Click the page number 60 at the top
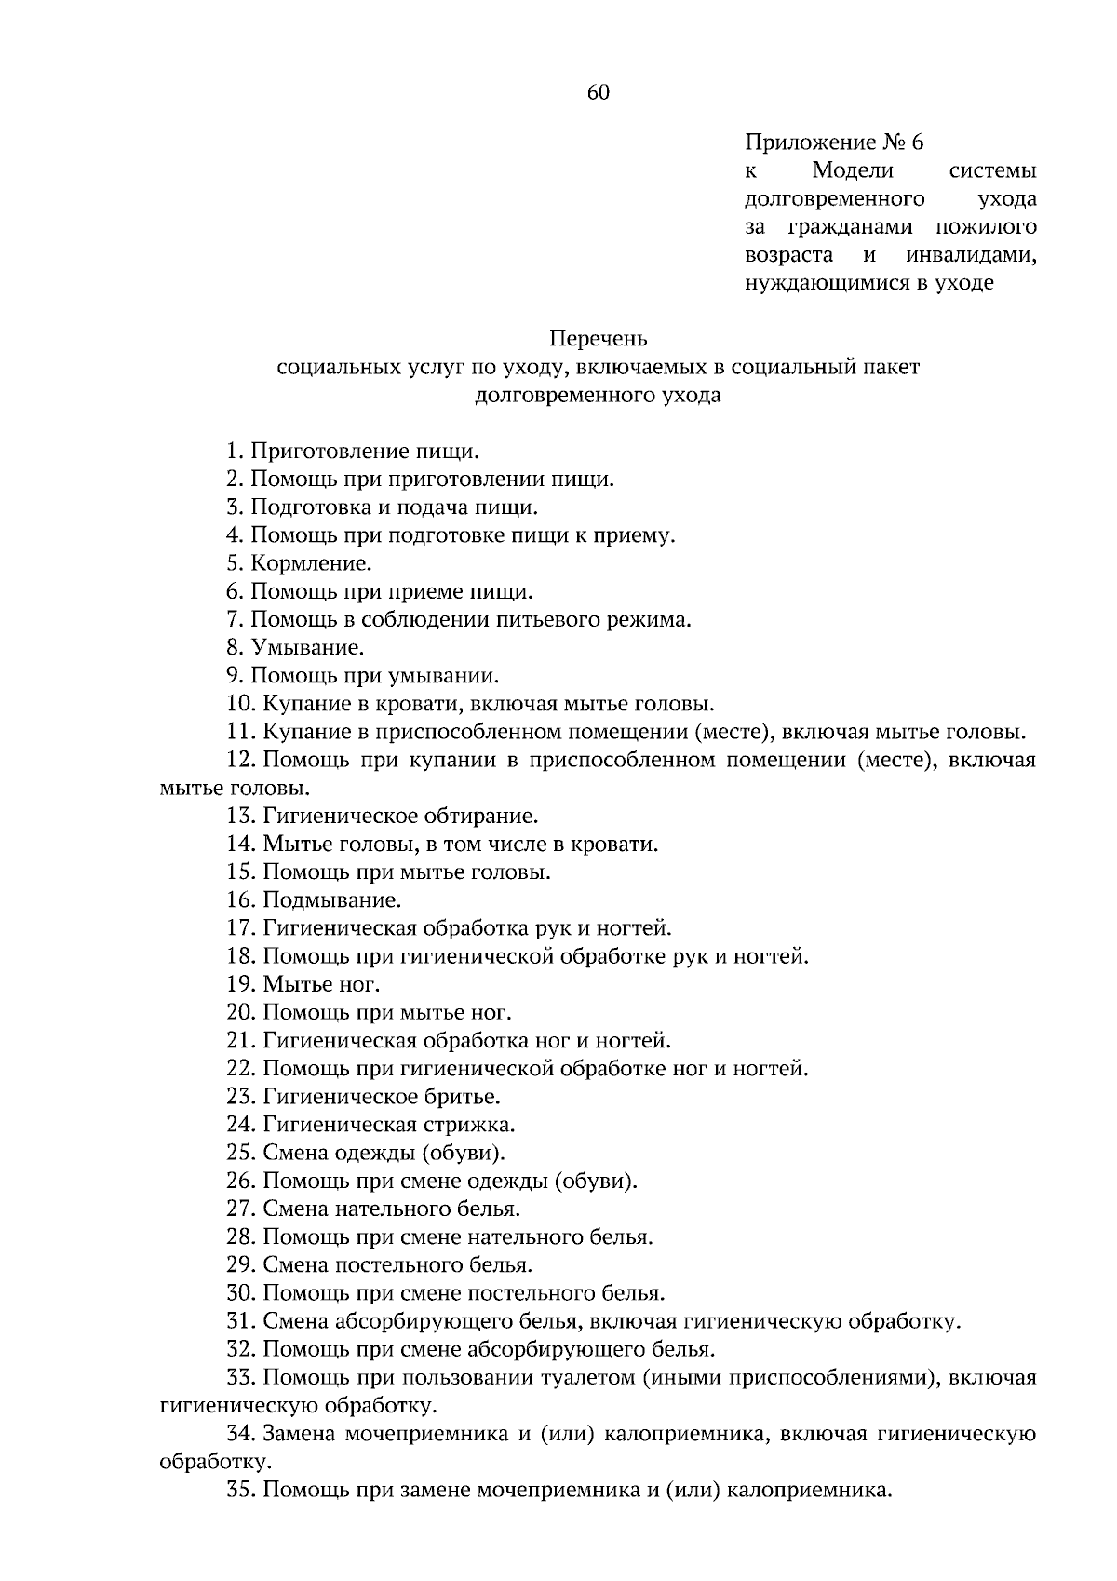click(x=599, y=92)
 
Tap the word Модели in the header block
click(x=853, y=170)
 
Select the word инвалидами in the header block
click(x=971, y=255)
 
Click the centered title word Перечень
click(x=598, y=338)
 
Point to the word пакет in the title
click(x=891, y=366)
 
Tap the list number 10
click(x=240, y=704)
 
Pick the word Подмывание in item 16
click(x=331, y=900)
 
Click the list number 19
click(x=240, y=984)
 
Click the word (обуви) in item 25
click(x=464, y=1153)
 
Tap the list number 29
click(x=240, y=1265)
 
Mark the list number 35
click(x=240, y=1490)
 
